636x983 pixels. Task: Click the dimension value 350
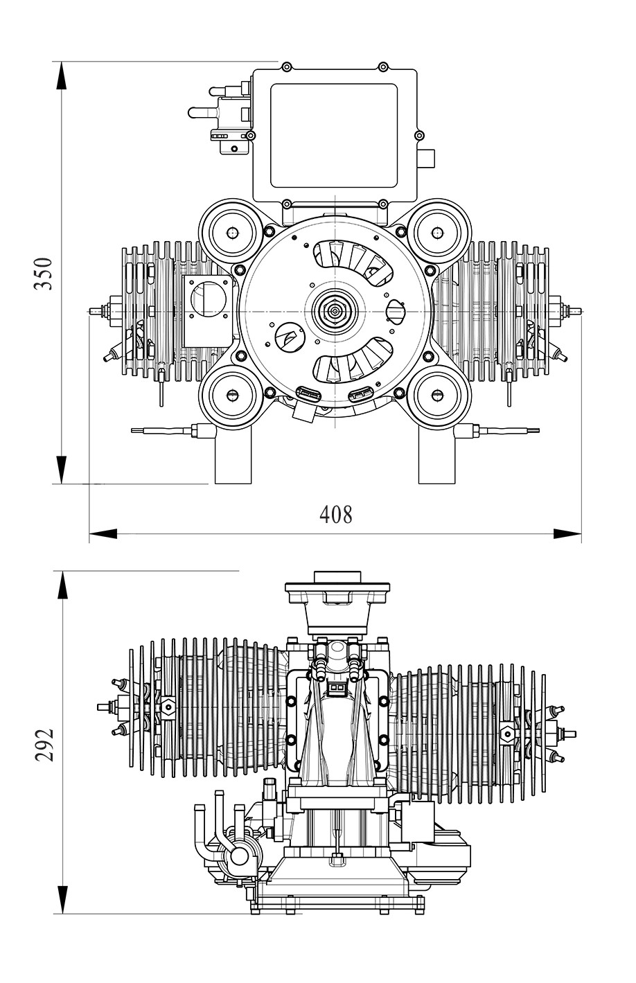click(x=43, y=272)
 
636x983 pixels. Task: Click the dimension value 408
click(x=335, y=514)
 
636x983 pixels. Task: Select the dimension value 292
click(x=44, y=745)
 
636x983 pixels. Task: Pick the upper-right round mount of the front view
click(x=438, y=232)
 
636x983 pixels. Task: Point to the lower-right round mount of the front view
click(x=438, y=395)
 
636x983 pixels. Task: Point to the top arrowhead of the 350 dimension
click(x=62, y=75)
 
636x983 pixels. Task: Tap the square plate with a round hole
click(x=207, y=310)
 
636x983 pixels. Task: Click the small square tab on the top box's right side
click(x=425, y=158)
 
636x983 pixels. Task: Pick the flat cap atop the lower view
click(x=337, y=578)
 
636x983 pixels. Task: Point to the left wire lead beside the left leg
click(x=161, y=431)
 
